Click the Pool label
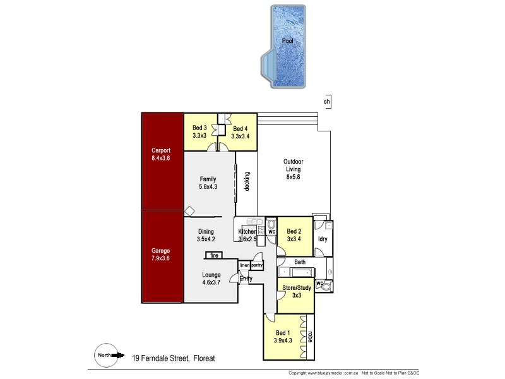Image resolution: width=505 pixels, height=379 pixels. [287, 41]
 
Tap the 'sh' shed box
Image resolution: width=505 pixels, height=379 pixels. [326, 102]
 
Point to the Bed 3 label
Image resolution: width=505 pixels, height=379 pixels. [199, 131]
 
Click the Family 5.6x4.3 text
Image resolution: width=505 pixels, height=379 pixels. [208, 183]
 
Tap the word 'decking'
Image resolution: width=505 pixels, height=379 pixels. [247, 182]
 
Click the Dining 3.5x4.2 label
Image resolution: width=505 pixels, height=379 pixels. [206, 236]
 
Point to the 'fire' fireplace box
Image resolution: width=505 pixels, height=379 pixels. [215, 256]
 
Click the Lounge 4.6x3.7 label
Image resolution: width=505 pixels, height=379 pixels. [211, 279]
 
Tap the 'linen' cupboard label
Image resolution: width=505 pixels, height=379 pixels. [245, 266]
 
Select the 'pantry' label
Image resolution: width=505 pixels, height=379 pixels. [257, 266]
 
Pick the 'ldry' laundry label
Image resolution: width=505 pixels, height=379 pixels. [323, 239]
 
